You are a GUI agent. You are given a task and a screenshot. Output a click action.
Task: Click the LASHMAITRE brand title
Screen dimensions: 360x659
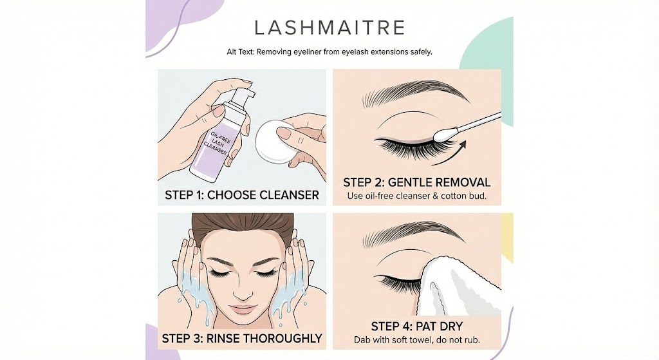point(329,28)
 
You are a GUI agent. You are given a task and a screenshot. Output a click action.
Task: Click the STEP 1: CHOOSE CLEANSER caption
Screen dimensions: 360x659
point(242,194)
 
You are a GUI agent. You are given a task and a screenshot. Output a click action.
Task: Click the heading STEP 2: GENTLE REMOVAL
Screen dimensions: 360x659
point(416,182)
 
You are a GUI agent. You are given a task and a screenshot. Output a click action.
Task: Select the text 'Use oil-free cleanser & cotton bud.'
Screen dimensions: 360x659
point(416,196)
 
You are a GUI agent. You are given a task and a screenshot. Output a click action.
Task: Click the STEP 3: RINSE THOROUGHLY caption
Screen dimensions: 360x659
point(242,338)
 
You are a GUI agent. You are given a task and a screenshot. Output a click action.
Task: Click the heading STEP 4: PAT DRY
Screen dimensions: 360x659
point(416,327)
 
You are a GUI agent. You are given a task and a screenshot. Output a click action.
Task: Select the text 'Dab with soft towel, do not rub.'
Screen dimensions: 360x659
point(416,339)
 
